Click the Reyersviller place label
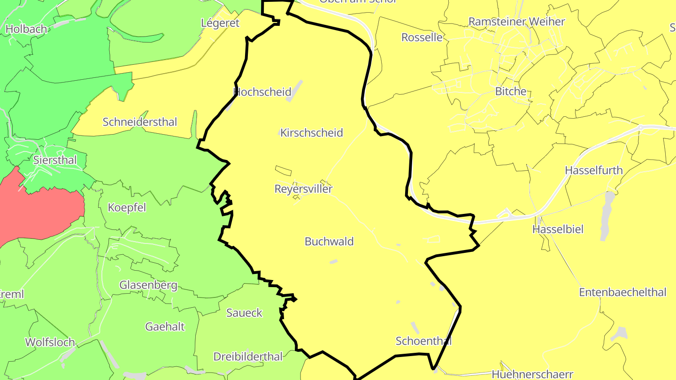[303, 189]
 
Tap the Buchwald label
[329, 242]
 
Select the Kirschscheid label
[312, 133]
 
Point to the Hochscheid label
[262, 92]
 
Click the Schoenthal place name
[423, 341]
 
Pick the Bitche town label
[511, 91]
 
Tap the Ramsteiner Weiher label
[517, 22]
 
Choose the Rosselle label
[422, 38]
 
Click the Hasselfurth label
[594, 170]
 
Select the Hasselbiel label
[558, 229]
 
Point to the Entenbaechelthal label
[622, 293]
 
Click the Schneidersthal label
[140, 122]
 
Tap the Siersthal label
[55, 160]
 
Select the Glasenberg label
[148, 285]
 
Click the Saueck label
[244, 313]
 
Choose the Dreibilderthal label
[248, 357]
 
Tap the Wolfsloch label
[50, 342]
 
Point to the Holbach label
[26, 29]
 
